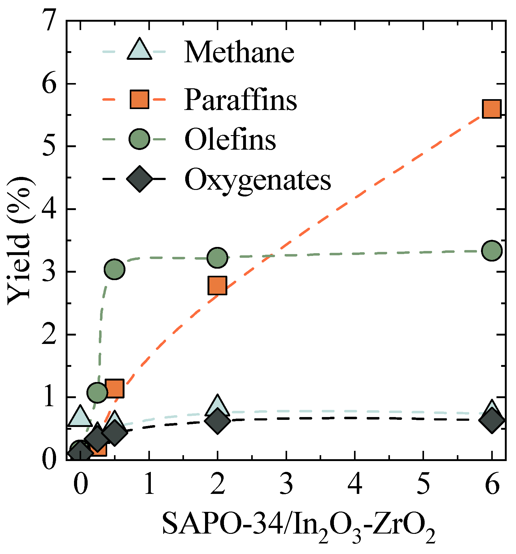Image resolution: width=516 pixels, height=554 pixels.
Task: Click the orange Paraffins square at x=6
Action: point(492,109)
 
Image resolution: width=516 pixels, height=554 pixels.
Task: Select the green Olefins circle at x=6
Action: point(492,250)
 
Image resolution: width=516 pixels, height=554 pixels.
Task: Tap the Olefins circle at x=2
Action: point(217,257)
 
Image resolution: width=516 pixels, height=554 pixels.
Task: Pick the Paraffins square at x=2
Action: point(217,285)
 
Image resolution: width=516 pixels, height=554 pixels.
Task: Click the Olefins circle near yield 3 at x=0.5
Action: point(115,269)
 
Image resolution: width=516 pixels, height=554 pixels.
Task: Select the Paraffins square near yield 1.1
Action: point(115,388)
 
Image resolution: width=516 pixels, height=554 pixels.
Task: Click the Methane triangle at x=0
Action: point(80,417)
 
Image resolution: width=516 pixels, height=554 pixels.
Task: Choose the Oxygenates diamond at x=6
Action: point(492,420)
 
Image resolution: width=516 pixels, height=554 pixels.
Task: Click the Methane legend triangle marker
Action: point(139,50)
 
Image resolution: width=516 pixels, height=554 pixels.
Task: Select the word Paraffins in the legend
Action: point(240,100)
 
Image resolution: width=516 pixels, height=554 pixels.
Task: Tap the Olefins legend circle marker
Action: point(139,139)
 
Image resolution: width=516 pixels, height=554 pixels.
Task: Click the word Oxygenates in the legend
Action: point(258,180)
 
